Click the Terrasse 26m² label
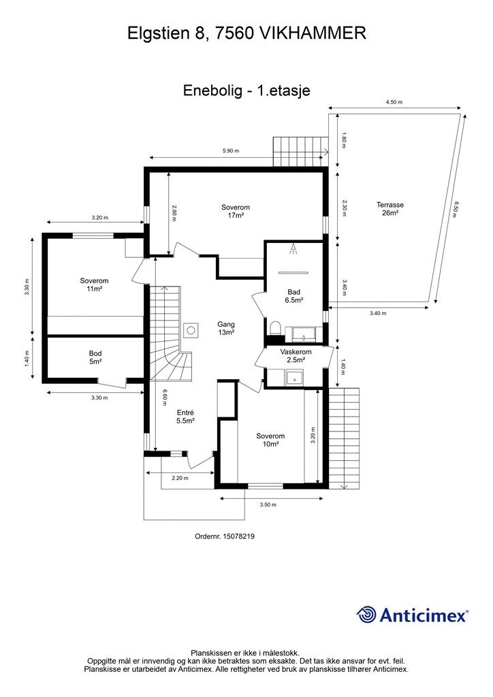point(390,209)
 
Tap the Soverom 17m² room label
point(235,211)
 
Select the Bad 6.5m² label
point(294,296)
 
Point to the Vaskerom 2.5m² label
point(296,355)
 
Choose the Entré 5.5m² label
point(185,417)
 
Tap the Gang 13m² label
point(226,329)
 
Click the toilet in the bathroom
point(274,327)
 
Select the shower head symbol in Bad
point(293,248)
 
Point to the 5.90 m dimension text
point(231,150)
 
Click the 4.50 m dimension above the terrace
point(394,102)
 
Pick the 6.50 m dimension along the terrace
point(455,209)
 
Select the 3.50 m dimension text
point(268,504)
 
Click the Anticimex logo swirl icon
point(366,615)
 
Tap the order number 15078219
point(239,536)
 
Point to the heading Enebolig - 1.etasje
point(246,91)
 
